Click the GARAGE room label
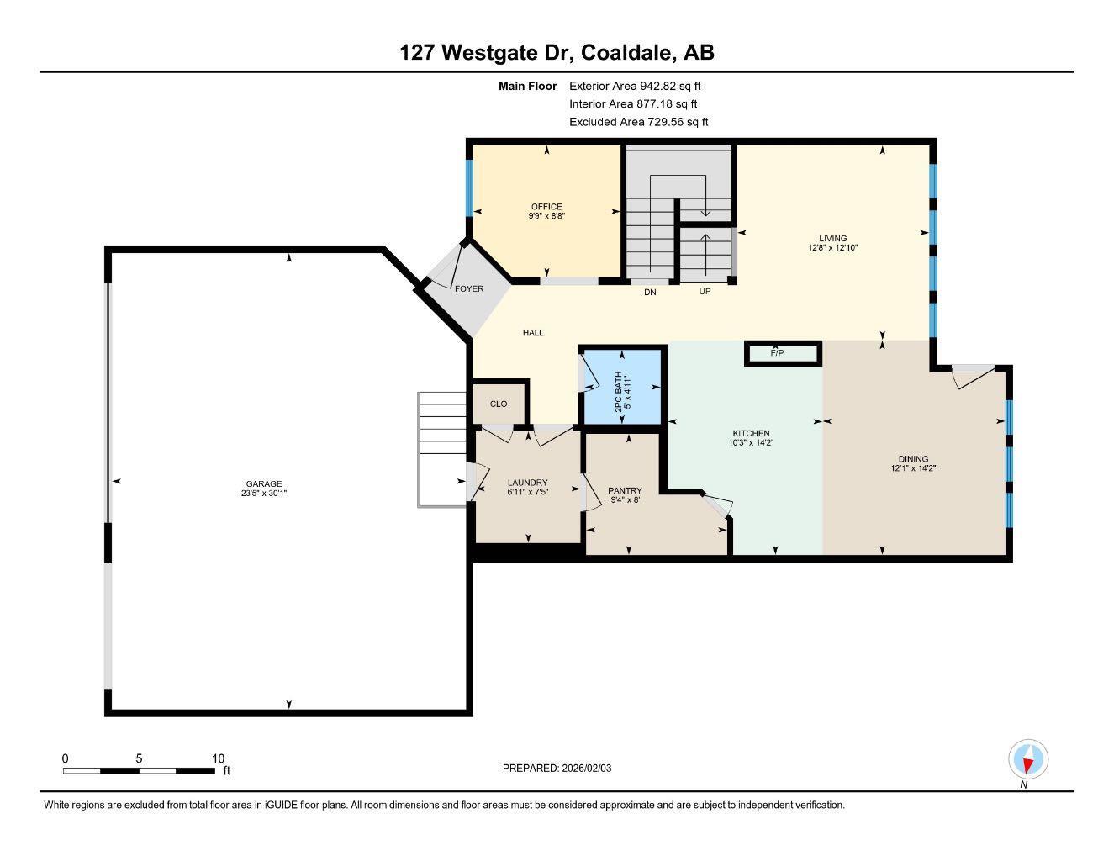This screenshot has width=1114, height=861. click(x=263, y=483)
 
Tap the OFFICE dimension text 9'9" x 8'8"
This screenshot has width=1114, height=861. click(x=546, y=216)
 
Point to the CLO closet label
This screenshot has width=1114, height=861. click(x=499, y=404)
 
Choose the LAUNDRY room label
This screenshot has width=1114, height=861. click(x=527, y=483)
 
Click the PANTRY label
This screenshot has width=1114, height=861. click(x=625, y=490)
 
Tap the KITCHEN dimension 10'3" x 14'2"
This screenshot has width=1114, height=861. click(x=750, y=442)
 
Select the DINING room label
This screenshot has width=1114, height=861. click(x=913, y=459)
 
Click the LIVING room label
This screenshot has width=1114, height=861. click(x=833, y=238)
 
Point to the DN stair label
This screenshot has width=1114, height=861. click(x=650, y=293)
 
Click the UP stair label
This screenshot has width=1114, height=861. click(x=705, y=292)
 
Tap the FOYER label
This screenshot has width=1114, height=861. click(x=469, y=288)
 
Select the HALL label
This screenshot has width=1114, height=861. click(x=533, y=333)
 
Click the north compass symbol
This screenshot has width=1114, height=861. click(x=1027, y=760)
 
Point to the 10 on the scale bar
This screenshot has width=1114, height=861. click(x=218, y=758)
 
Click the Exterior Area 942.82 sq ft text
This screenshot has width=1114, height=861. click(x=635, y=86)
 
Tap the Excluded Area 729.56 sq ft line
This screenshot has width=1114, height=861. click(x=638, y=122)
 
